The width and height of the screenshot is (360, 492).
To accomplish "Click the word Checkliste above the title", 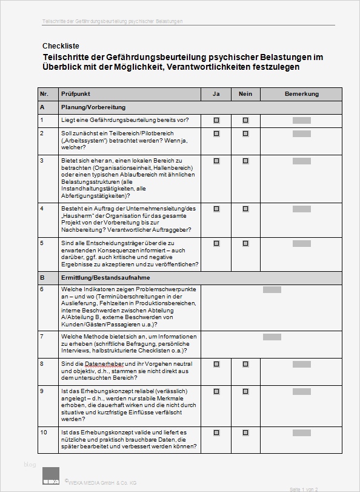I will [61, 45].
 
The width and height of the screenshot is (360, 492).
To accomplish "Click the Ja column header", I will [216, 94].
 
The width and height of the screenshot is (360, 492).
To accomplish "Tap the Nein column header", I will [245, 94].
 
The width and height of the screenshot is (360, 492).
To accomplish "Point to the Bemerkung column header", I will [301, 94].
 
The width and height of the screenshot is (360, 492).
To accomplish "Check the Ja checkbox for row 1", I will [216, 120].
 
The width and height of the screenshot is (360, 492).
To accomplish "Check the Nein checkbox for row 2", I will [245, 133].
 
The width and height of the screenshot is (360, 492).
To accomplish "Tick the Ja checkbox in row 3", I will [216, 161].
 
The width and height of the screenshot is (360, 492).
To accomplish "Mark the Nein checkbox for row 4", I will [245, 209].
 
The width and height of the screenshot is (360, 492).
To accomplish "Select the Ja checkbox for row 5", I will [216, 243].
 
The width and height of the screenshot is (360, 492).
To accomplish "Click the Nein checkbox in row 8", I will [245, 364].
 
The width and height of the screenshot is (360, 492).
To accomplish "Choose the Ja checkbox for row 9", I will [216, 391].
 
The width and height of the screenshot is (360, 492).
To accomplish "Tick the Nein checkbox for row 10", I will [245, 433].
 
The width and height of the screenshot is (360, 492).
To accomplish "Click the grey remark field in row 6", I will [272, 289].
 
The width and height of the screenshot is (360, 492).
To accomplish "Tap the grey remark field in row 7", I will [272, 337].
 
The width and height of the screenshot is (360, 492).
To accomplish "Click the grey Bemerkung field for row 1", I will [301, 120].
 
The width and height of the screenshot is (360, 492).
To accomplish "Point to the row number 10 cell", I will [44, 433].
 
